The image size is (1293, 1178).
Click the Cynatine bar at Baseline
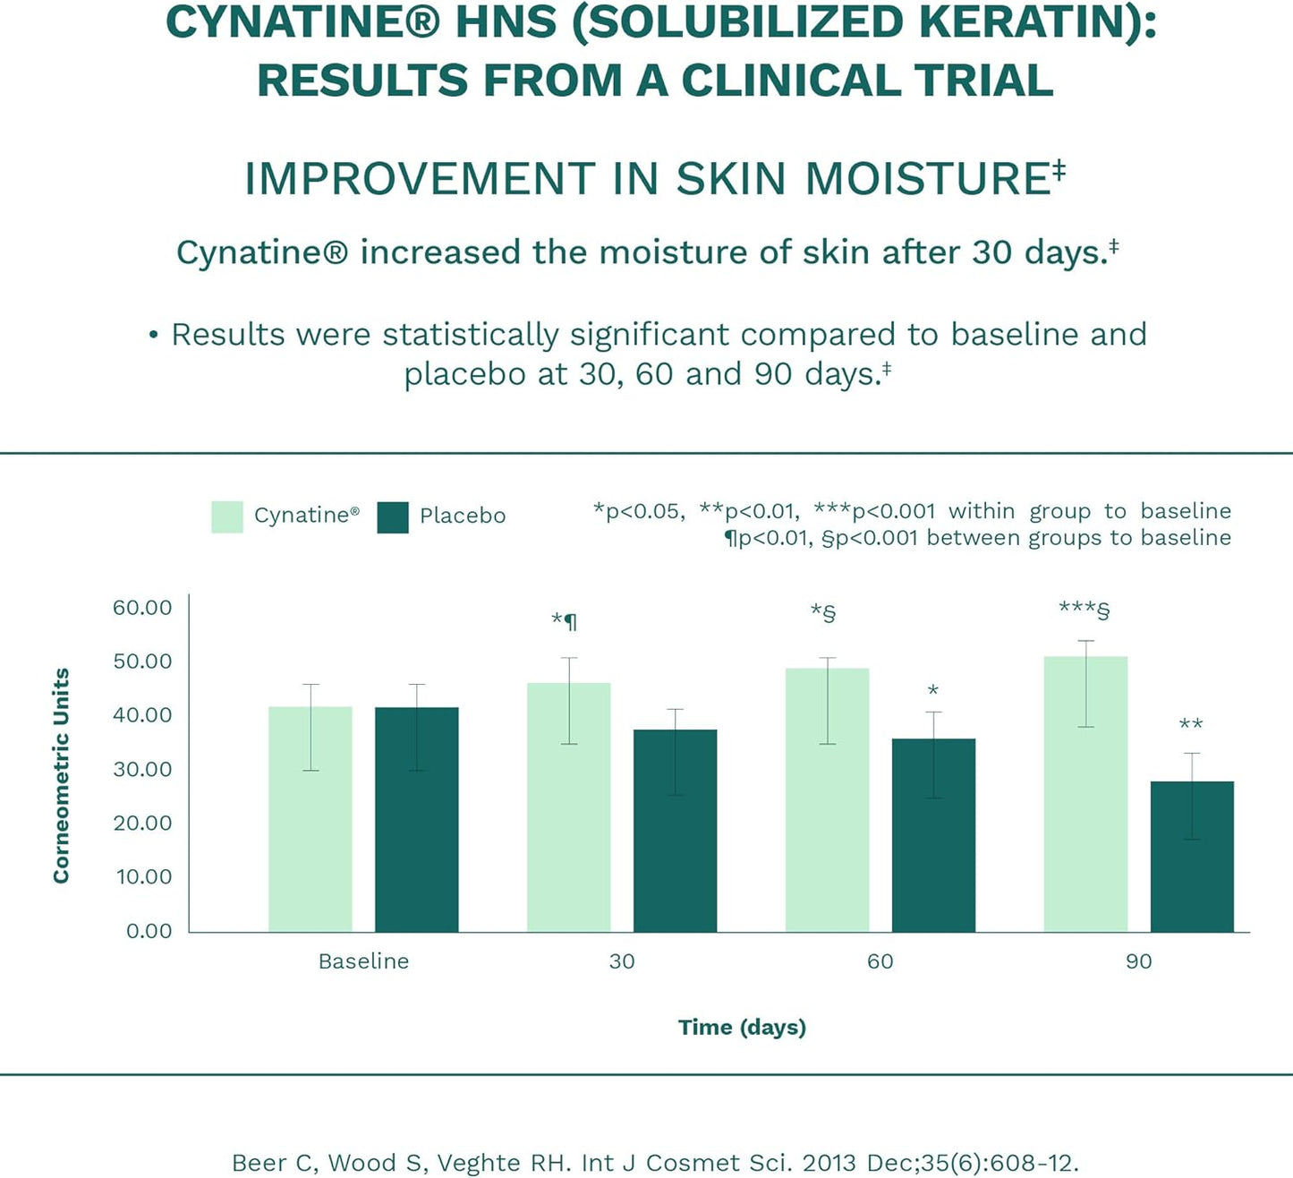coord(310,819)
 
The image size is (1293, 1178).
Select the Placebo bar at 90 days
coord(1192,857)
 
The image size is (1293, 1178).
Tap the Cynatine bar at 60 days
coord(827,800)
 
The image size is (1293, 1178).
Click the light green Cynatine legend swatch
coord(227,516)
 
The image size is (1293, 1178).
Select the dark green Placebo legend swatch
coord(393,516)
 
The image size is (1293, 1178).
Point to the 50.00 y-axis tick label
coord(142,662)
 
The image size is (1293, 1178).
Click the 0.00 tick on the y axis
coord(149,931)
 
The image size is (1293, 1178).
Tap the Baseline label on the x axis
coord(363,961)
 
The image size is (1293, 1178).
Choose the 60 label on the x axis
coord(880,961)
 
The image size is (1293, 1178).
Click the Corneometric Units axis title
coord(61,775)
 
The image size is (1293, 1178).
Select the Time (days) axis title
coord(742,1027)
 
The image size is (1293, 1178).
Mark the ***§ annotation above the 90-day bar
coord(1084,610)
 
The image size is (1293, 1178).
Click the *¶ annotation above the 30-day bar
coord(565,620)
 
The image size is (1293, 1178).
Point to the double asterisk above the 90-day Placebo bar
coord(1191,724)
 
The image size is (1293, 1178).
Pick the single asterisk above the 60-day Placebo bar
coord(933,690)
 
